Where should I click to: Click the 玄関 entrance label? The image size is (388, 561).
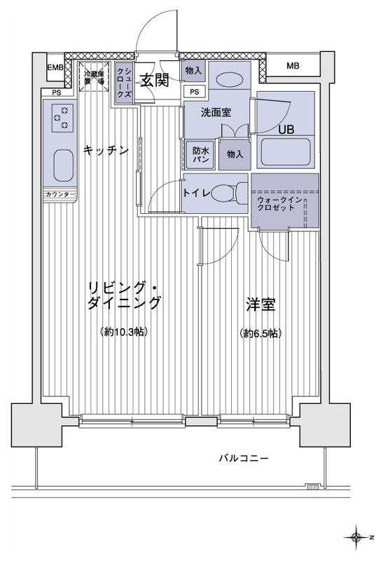point(153,81)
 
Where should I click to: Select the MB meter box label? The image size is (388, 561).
point(293,67)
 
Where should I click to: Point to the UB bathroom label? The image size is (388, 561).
point(286,129)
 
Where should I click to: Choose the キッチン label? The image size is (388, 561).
point(105,149)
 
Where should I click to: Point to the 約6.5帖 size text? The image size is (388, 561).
point(260,333)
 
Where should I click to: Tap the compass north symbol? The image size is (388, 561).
point(359,538)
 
